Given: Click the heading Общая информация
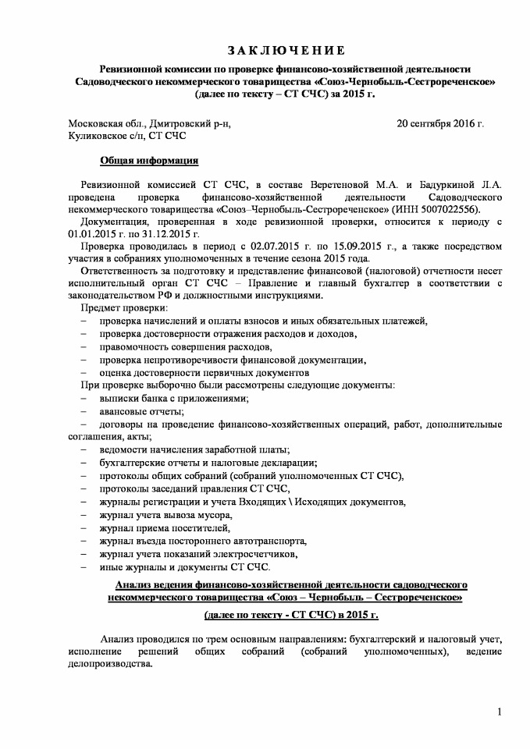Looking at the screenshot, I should coord(149,162).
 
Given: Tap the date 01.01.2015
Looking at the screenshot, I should coord(94,234).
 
